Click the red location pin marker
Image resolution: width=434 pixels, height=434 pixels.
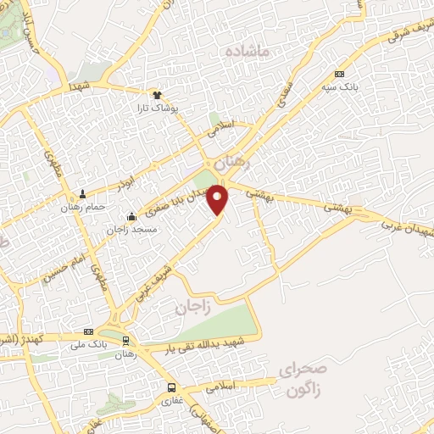pos(219,198)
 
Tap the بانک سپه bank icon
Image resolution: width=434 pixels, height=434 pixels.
pos(340,74)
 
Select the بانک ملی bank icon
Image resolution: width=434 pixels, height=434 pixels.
pos(88,331)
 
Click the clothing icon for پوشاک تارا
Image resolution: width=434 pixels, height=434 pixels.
pos(157,95)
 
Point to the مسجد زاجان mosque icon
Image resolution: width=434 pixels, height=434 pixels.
pos(131,215)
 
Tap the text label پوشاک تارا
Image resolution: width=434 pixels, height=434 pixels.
pos(157,108)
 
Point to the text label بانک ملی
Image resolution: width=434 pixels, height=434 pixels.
pos(88,344)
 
